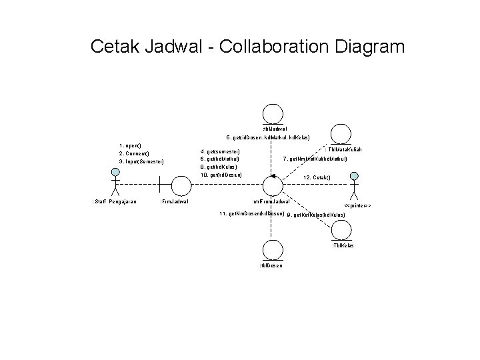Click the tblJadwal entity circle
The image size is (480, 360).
coord(271,114)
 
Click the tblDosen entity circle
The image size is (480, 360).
coord(271,250)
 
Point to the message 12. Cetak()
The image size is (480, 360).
coord(317,178)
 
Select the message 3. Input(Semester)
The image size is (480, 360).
coord(141,161)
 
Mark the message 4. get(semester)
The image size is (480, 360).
coord(219,151)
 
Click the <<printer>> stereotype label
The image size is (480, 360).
coord(357,205)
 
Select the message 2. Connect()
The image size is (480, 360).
coord(134,153)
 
